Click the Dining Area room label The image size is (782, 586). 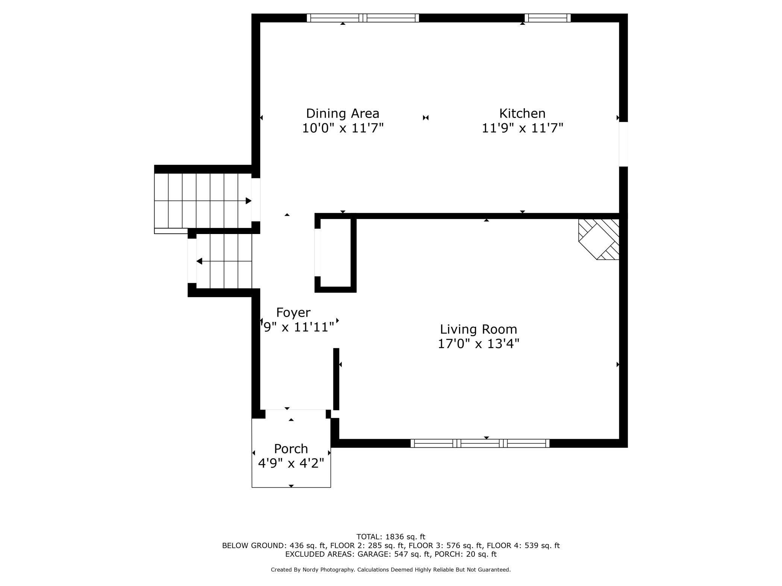click(343, 113)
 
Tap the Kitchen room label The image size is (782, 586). click(522, 113)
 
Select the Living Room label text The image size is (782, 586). click(479, 329)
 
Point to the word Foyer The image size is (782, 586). click(293, 312)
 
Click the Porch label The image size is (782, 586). click(291, 449)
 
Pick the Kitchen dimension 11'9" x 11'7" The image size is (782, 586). click(523, 128)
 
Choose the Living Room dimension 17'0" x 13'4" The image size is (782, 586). click(479, 343)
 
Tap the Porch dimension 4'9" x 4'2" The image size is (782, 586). click(291, 463)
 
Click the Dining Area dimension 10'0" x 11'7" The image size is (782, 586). click(343, 128)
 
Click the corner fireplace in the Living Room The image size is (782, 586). click(599, 239)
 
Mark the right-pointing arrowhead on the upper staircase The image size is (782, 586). click(249, 201)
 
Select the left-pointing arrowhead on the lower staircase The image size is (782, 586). click(199, 261)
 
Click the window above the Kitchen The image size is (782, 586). click(547, 18)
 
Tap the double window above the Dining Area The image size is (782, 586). click(363, 18)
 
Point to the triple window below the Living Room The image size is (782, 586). click(480, 443)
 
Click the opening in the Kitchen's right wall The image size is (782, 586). click(623, 144)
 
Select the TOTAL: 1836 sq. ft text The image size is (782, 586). click(391, 537)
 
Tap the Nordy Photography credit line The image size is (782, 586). click(391, 570)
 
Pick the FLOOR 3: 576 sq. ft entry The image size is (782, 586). click(445, 545)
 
